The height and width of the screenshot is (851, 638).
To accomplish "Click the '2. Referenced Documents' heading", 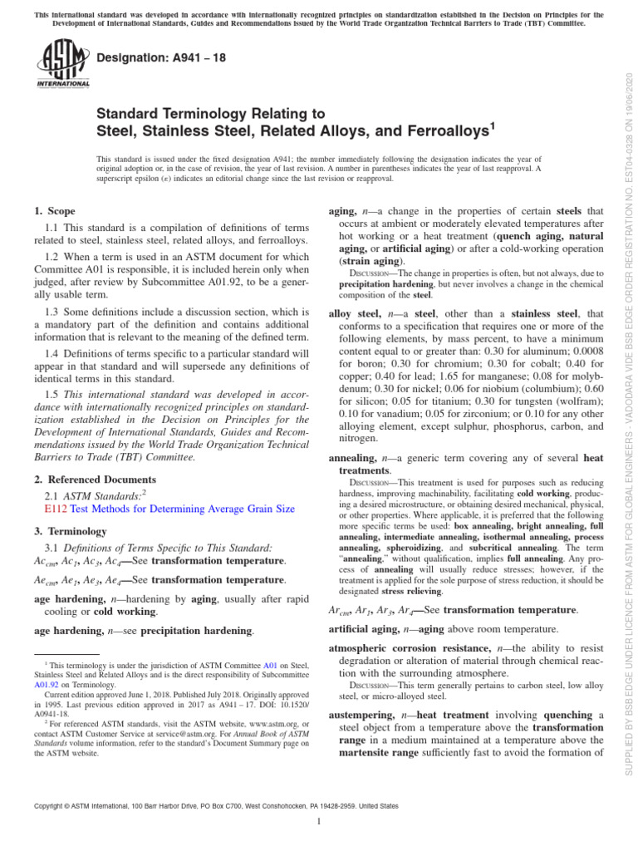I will pos(95,480).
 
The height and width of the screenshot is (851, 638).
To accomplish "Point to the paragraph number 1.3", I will pos(51,310).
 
